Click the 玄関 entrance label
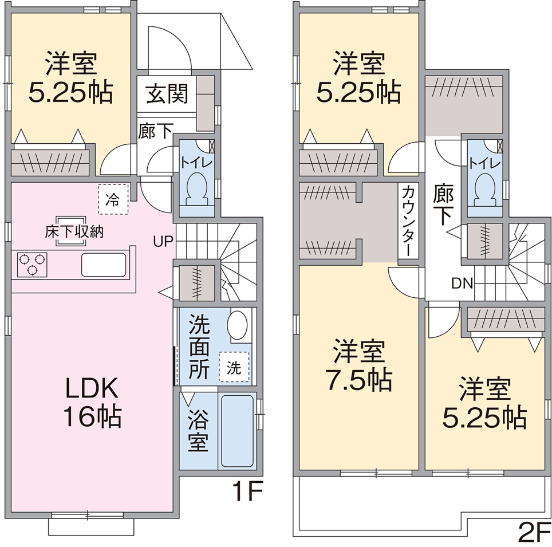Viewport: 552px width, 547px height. coord(167,94)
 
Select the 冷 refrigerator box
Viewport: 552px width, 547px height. coord(113,200)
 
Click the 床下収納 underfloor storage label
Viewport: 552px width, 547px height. coord(74,232)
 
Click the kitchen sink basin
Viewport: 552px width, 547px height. coord(104,265)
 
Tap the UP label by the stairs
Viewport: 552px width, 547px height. coord(163,241)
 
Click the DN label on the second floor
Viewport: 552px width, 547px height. coord(462,284)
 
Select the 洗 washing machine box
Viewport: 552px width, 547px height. coord(234,367)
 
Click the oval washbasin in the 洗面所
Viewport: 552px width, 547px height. coord(237,325)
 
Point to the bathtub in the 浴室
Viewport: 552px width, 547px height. coord(237,430)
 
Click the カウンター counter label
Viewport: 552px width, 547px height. coord(409,221)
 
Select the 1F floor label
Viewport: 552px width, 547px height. coord(247,491)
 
